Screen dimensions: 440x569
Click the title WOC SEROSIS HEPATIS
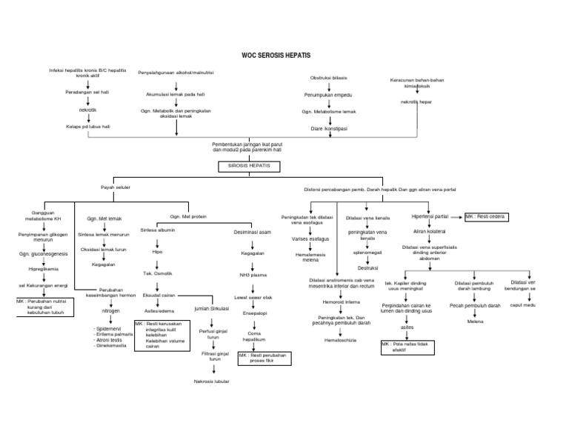[x=277, y=56]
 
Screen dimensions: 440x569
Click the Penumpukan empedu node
[x=328, y=96]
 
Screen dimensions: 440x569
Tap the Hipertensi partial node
[x=431, y=217]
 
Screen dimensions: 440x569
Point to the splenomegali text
[x=368, y=252]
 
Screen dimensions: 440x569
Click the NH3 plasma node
[x=252, y=274]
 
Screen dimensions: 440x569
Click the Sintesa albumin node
[x=158, y=230]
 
